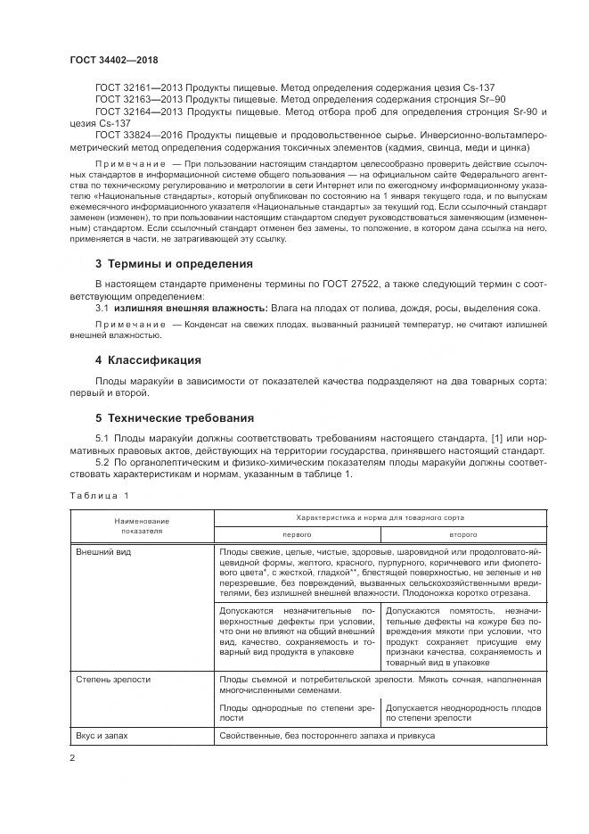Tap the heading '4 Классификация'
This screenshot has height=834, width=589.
[x=147, y=360]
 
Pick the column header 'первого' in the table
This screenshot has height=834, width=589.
[x=297, y=533]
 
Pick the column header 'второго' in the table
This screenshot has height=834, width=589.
[x=462, y=533]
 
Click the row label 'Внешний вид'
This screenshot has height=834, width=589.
[x=102, y=552]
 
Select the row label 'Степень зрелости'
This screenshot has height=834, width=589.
[x=112, y=680]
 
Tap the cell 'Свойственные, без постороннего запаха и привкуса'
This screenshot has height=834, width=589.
[x=326, y=736]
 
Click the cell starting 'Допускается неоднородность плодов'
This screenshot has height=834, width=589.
[x=463, y=710]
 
